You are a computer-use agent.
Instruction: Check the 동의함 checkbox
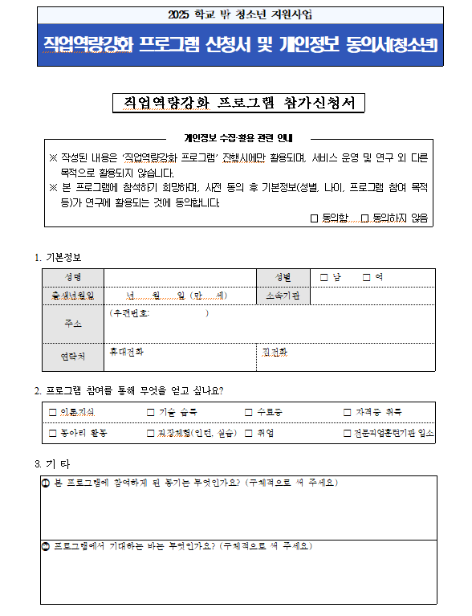315,218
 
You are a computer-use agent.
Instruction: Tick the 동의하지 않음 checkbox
364,218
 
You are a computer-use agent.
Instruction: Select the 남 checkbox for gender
324,277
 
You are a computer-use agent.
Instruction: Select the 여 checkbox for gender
367,277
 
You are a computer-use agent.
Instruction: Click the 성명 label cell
72,277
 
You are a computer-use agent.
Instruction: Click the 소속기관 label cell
283,296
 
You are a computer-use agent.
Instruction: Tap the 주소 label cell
72,324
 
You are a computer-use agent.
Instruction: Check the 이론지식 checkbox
53,412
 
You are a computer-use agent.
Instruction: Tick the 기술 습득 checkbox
151,412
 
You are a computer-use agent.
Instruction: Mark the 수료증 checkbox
249,412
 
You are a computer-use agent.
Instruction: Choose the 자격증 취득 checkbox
348,412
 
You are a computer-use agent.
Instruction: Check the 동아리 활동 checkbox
53,433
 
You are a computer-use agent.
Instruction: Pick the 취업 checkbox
249,433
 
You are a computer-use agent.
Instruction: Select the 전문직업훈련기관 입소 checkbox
348,433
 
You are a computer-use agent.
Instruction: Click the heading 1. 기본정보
59,257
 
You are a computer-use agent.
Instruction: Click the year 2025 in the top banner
184,14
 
